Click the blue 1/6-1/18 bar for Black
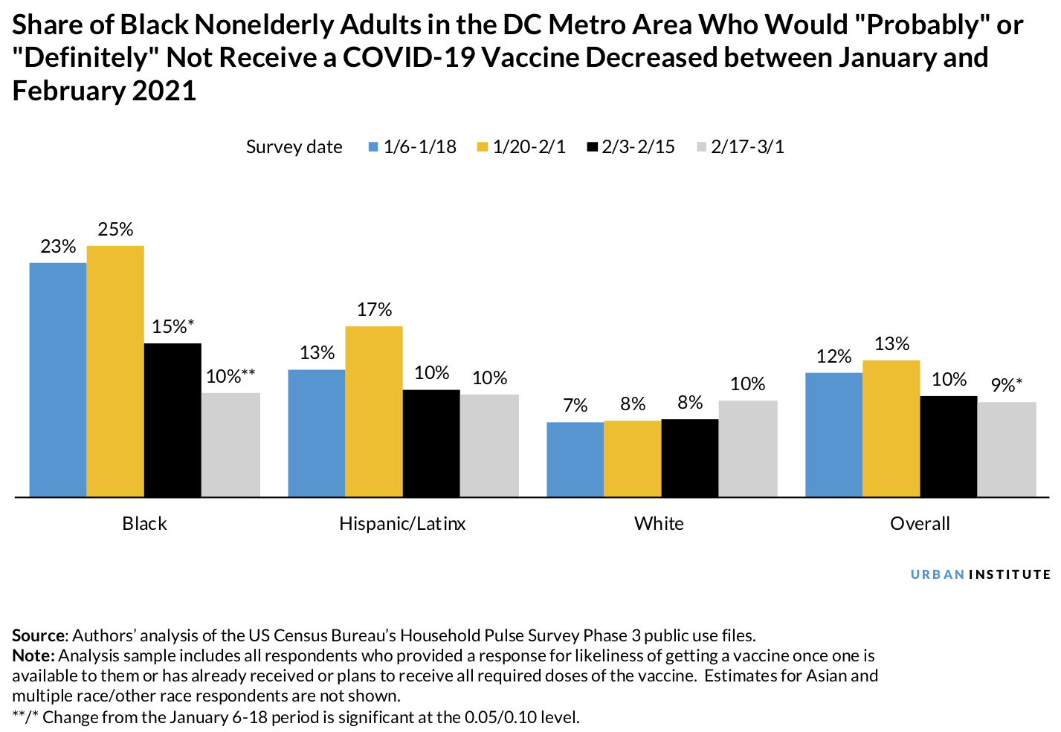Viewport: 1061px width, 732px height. tap(58, 379)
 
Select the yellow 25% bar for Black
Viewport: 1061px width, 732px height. tap(115, 371)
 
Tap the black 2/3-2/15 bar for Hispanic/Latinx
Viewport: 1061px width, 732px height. tap(431, 443)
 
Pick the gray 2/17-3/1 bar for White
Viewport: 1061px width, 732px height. tap(748, 448)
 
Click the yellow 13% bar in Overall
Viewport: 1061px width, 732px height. tap(891, 428)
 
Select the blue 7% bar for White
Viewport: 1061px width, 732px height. tap(575, 459)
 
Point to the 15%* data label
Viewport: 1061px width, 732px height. tap(172, 327)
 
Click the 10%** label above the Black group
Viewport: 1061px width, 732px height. tap(230, 377)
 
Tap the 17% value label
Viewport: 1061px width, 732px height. tap(374, 310)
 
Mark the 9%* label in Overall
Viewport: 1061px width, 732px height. tap(1006, 386)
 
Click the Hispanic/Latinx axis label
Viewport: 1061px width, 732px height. tap(402, 524)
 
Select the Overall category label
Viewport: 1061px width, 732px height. tap(920, 524)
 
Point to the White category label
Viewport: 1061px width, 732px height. tap(659, 524)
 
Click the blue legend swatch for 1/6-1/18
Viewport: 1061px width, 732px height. tap(374, 147)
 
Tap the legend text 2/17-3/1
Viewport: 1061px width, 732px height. tap(747, 147)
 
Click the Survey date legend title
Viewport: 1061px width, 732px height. tap(294, 147)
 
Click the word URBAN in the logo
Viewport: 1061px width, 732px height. tap(938, 574)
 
